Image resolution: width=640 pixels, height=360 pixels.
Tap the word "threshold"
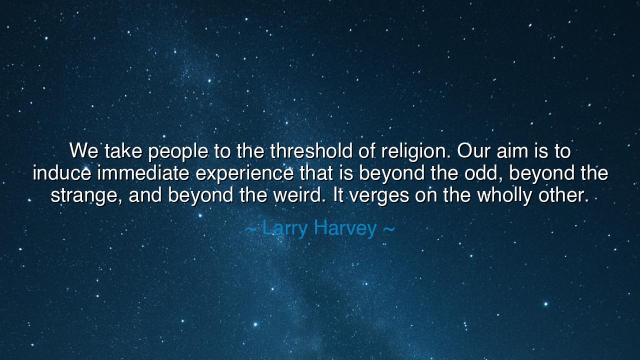click(311, 150)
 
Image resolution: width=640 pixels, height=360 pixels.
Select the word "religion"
click(416, 150)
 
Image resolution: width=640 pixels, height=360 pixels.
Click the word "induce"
click(61, 173)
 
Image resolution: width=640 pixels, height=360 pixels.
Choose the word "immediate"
click(143, 173)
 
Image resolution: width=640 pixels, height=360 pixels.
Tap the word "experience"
click(244, 173)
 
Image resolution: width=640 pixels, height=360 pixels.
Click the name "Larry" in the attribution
click(284, 228)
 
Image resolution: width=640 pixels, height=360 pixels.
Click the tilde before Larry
click(251, 228)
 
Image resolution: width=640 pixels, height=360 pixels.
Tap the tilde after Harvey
click(388, 228)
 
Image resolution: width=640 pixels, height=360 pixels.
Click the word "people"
click(178, 150)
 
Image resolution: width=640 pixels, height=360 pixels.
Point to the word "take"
click(123, 150)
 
